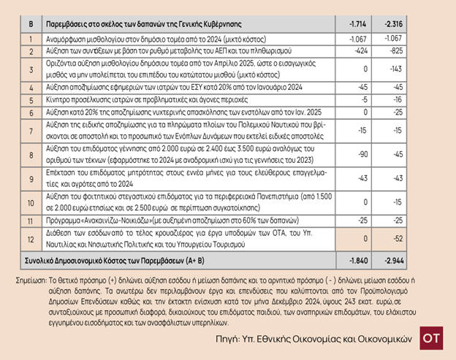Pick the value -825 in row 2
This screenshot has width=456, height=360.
click(x=393, y=52)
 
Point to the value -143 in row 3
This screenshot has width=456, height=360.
click(x=393, y=70)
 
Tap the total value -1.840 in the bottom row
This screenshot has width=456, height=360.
click(x=350, y=261)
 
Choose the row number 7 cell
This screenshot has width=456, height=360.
click(x=31, y=131)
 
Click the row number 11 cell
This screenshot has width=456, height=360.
click(x=31, y=219)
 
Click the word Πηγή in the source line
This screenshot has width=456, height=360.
click(x=232, y=339)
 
